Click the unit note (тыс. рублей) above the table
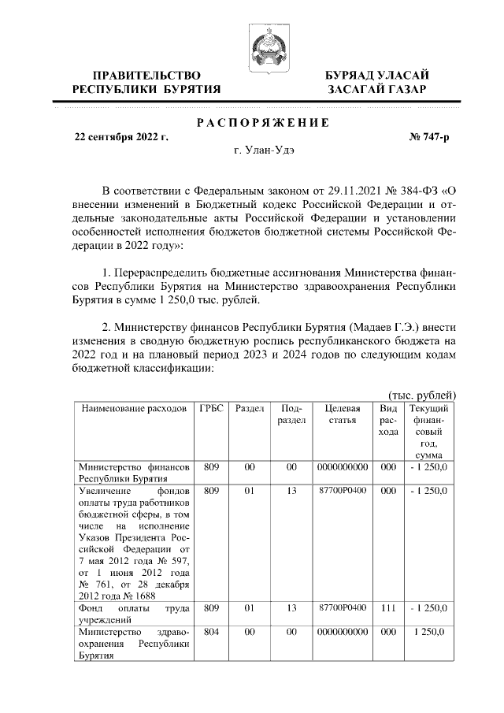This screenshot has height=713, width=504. tap(422, 395)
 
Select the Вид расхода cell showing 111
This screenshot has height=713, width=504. tap(387, 609)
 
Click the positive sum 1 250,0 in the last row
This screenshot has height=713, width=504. tap(429, 633)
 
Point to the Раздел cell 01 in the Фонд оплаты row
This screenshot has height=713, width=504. tap(250, 609)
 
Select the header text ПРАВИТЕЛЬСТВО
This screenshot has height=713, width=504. tap(146, 75)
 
